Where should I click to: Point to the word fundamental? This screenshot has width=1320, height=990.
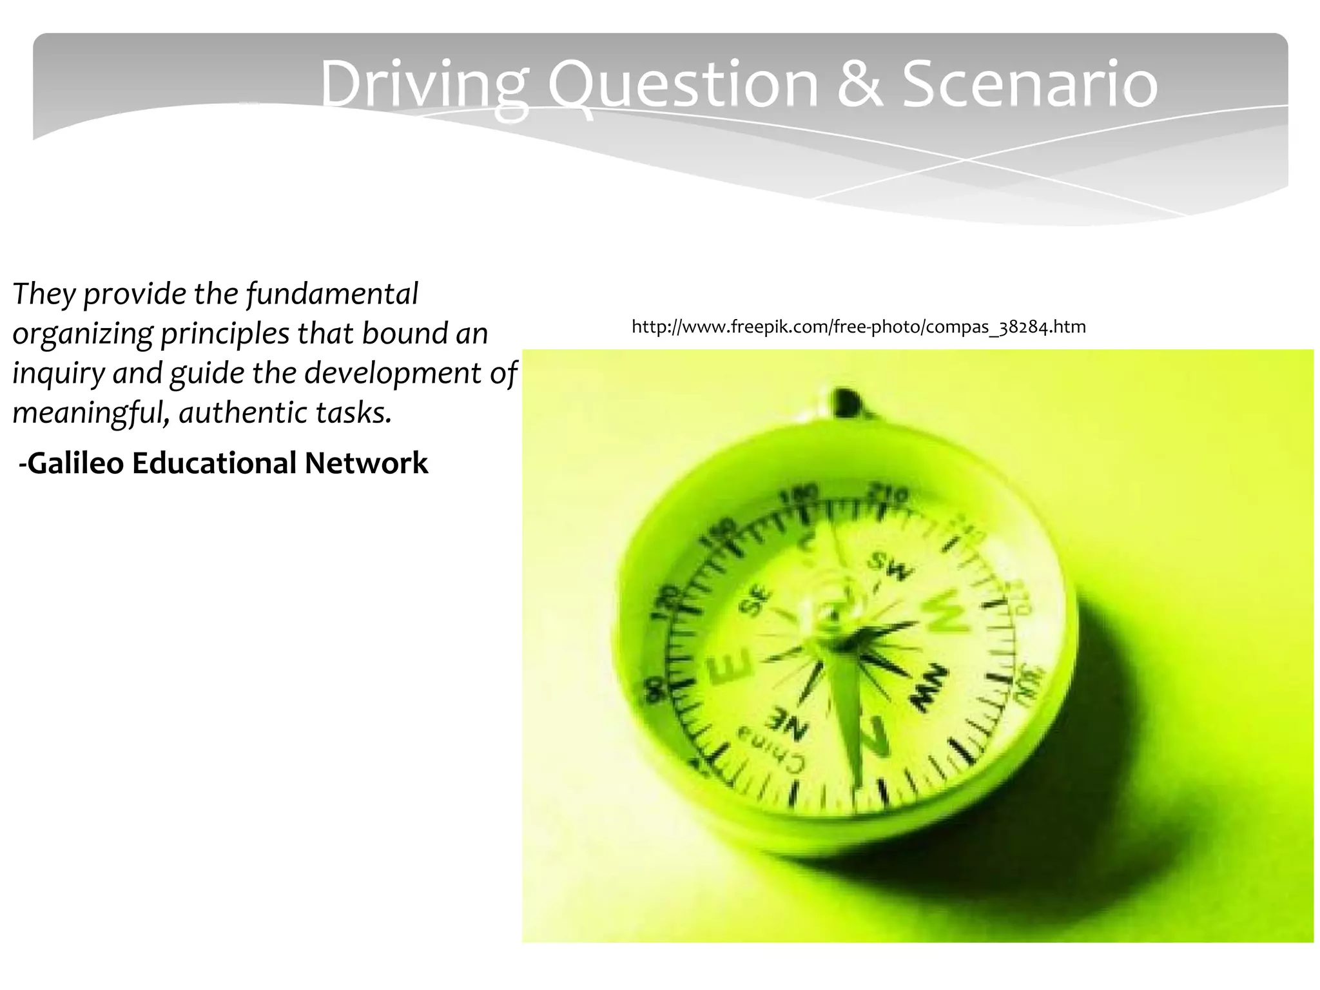click(333, 294)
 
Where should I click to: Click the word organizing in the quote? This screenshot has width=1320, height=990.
click(82, 334)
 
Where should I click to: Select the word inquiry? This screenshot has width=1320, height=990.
click(58, 373)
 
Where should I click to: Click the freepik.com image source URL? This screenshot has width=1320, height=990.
click(859, 327)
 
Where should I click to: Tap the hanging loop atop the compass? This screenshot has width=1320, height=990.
click(843, 401)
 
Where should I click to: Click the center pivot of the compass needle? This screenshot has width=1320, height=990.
click(838, 638)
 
